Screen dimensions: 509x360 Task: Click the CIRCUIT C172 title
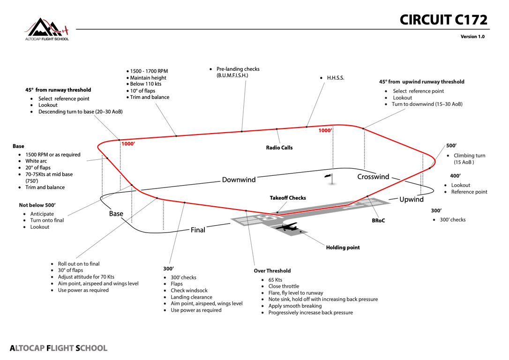pyautogui.click(x=443, y=20)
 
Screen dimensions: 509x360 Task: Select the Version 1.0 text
pyautogui.click(x=472, y=37)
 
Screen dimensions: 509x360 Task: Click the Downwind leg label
pyautogui.click(x=239, y=180)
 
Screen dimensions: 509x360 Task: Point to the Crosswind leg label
pyautogui.click(x=373, y=177)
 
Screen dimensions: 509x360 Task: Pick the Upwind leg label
pyautogui.click(x=412, y=199)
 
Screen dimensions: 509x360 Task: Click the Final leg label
pyautogui.click(x=198, y=230)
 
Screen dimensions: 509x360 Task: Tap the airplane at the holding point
pyautogui.click(x=287, y=226)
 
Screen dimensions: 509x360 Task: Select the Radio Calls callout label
pyautogui.click(x=279, y=148)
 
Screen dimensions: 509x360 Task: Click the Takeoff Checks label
pyautogui.click(x=288, y=198)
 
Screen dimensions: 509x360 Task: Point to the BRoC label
pyautogui.click(x=378, y=220)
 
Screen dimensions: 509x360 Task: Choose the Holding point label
pyautogui.click(x=343, y=247)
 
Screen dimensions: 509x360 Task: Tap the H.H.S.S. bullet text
pyautogui.click(x=336, y=78)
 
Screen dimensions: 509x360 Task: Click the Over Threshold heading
pyautogui.click(x=272, y=271)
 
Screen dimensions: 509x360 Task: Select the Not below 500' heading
pyautogui.click(x=37, y=205)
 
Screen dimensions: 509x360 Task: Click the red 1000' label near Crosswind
pyautogui.click(x=325, y=130)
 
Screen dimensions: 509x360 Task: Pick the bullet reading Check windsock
pyautogui.click(x=189, y=291)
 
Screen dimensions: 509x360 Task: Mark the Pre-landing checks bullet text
pyautogui.click(x=238, y=72)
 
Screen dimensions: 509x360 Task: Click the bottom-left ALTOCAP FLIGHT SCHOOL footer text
pyautogui.click(x=59, y=348)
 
